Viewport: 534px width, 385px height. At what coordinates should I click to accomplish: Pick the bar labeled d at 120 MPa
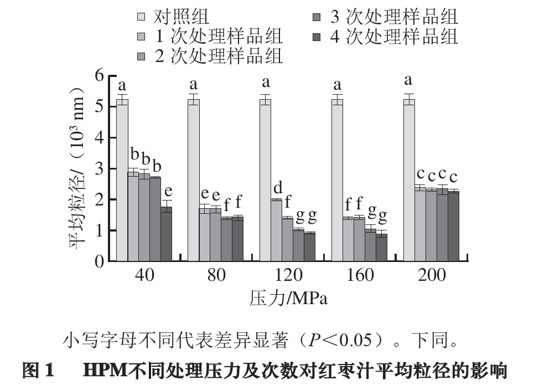point(277,230)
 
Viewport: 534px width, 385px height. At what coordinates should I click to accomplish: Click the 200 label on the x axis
point(432,275)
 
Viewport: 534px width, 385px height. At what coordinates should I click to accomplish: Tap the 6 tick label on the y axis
point(99,76)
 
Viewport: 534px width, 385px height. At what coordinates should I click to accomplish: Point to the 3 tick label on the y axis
point(99,169)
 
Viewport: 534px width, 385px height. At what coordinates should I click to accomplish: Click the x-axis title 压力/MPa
point(288,299)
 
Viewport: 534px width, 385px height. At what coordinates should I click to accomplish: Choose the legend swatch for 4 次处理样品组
point(317,37)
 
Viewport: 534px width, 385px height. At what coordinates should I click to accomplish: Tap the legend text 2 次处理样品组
point(219,56)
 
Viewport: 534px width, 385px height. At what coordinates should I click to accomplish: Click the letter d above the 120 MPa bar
point(278,187)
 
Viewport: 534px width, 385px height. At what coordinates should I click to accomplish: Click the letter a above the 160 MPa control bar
point(337,85)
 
